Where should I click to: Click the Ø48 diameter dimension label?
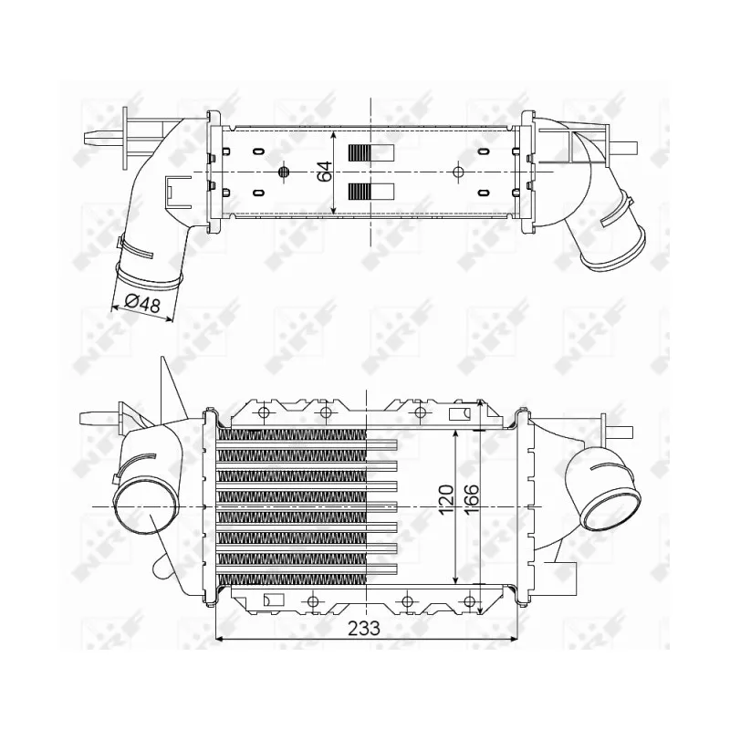tap(143, 304)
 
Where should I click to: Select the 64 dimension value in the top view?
tap(325, 172)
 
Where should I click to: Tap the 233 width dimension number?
tap(364, 629)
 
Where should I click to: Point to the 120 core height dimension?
tap(446, 499)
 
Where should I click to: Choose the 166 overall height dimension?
tap(471, 499)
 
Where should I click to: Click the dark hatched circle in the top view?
tap(284, 172)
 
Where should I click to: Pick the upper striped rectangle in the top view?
tap(371, 152)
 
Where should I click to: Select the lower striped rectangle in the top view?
tap(371, 191)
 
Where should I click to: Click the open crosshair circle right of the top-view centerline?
tap(458, 172)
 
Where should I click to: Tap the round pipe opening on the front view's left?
tap(145, 507)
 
